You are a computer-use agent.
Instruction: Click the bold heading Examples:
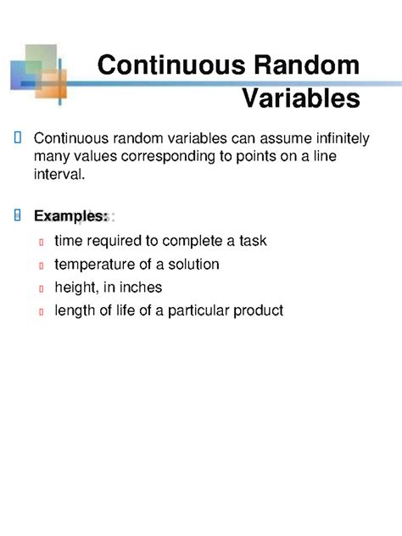point(70,216)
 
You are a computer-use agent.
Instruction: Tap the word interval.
point(59,175)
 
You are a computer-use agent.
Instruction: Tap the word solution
point(193,265)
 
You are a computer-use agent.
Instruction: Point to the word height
point(75,288)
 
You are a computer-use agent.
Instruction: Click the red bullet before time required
point(41,243)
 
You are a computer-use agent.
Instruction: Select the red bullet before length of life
point(41,312)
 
